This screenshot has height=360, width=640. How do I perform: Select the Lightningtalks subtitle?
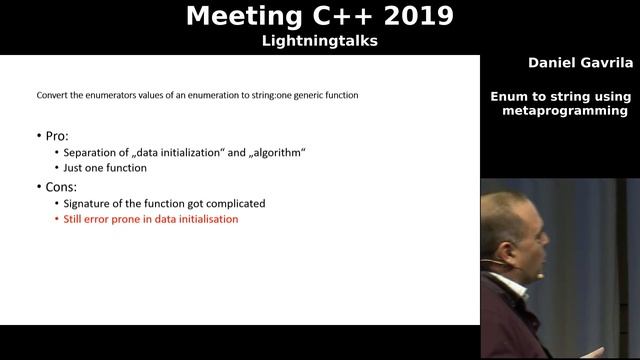click(x=319, y=41)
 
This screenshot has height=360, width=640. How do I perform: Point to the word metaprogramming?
click(x=564, y=110)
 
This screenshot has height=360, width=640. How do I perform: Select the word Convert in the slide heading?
click(x=53, y=96)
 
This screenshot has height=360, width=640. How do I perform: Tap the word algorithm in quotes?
click(x=277, y=151)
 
